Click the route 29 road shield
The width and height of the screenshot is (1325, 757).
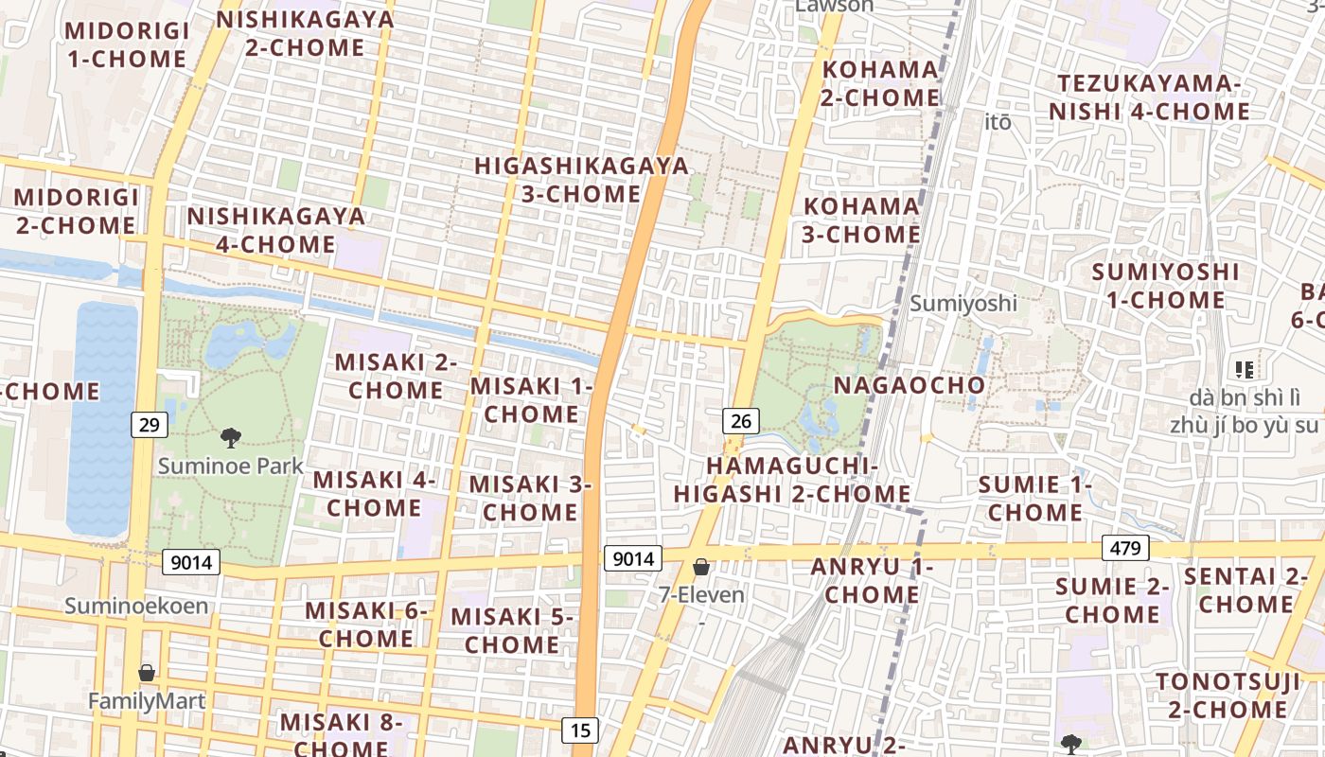click(x=149, y=425)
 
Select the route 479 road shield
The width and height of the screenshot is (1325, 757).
click(x=1125, y=548)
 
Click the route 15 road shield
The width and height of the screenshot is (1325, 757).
click(x=580, y=730)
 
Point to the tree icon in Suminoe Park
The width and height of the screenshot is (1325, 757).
click(x=230, y=437)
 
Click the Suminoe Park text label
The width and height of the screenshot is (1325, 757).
click(x=231, y=466)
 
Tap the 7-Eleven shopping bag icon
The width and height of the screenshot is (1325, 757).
click(x=701, y=567)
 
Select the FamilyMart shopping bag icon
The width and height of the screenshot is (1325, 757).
click(x=147, y=673)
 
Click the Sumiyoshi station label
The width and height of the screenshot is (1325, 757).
click(x=963, y=303)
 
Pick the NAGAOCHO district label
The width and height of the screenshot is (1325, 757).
click(x=909, y=385)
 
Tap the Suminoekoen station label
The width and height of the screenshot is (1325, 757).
click(x=136, y=606)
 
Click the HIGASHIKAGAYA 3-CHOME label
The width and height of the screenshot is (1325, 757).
click(x=581, y=180)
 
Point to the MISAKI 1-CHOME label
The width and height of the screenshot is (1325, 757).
click(x=531, y=399)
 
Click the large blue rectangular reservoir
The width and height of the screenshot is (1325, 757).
click(x=101, y=416)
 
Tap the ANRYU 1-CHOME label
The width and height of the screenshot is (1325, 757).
click(x=872, y=580)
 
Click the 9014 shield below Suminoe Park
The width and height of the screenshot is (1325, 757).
click(x=191, y=562)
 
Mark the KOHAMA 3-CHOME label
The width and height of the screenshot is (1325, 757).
click(x=861, y=220)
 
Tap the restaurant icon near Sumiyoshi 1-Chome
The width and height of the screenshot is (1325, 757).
click(x=1244, y=369)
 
